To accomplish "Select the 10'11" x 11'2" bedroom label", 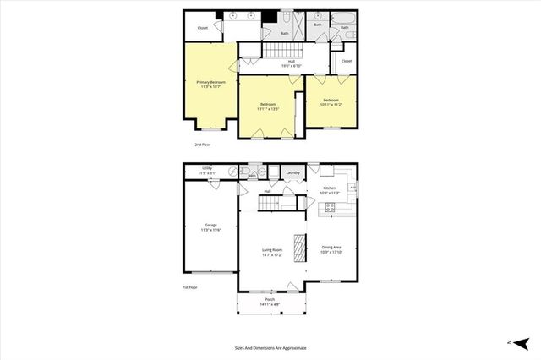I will point(330,101).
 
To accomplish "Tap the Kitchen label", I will point(329,190).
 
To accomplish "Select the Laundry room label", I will point(293,174).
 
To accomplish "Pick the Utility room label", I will point(207,171).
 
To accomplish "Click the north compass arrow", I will point(522,341).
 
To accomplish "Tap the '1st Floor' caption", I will point(191,288).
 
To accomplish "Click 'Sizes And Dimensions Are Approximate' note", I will point(270,347).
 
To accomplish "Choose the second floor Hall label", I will point(291,63).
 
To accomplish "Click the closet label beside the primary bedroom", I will point(203,28).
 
